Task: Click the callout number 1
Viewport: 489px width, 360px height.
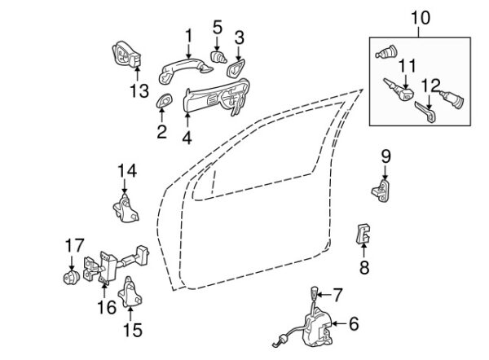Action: pos(189,36)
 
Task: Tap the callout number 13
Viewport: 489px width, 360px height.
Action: pos(139,91)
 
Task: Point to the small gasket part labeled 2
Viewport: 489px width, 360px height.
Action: pos(164,100)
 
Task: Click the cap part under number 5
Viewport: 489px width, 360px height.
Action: pos(218,57)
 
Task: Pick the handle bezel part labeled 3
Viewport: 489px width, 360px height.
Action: pos(236,68)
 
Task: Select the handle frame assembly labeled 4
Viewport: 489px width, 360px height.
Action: pos(217,97)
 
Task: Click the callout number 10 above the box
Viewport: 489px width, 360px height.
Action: pos(421,18)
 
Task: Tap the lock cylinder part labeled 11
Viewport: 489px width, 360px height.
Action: pos(399,90)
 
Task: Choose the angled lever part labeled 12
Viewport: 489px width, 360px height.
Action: pos(425,112)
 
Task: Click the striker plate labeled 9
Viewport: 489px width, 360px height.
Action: pos(381,190)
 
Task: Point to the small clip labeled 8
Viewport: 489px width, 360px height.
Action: pos(363,234)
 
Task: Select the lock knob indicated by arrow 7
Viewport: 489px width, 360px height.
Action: pos(314,293)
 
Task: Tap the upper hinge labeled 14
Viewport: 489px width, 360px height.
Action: pos(126,208)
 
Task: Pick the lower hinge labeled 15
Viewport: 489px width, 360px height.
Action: pos(130,292)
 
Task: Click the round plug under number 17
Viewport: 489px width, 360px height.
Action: pos(72,278)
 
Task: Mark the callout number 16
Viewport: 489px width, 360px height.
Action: pos(107,307)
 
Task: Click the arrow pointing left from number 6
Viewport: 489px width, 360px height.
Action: pos(339,324)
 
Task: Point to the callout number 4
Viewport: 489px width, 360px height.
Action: pos(187,138)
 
